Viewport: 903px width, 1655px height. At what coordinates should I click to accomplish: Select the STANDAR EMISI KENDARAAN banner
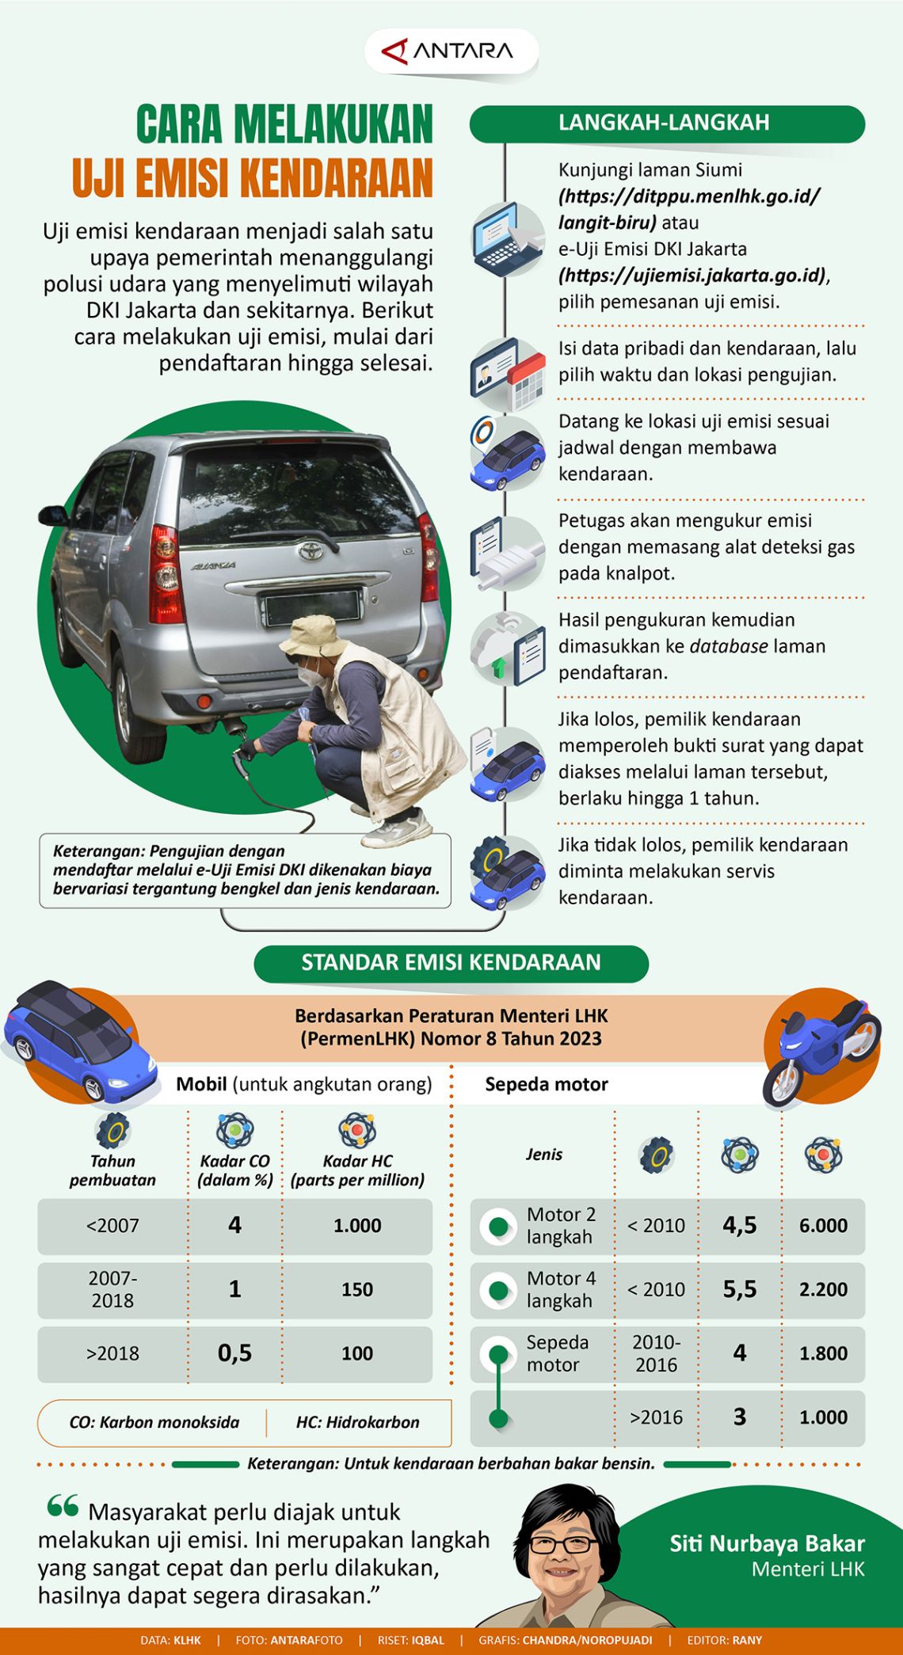click(x=451, y=962)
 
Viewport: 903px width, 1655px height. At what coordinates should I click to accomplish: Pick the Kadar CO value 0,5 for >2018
click(x=234, y=1353)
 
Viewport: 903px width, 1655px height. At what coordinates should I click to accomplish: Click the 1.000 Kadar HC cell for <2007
click(x=357, y=1225)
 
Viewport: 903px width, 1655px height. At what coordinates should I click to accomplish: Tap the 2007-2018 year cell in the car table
click(x=112, y=1288)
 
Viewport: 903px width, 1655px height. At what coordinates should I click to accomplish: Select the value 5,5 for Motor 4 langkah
click(x=739, y=1288)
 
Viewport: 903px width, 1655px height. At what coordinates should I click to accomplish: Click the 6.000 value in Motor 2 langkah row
click(x=823, y=1225)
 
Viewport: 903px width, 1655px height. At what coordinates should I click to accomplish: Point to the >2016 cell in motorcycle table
click(x=656, y=1417)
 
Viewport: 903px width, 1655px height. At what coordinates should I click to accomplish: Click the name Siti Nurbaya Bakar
click(x=767, y=1543)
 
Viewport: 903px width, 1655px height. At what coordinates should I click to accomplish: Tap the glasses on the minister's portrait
click(x=564, y=1544)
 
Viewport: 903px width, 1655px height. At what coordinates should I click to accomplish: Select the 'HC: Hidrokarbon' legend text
click(x=357, y=1421)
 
